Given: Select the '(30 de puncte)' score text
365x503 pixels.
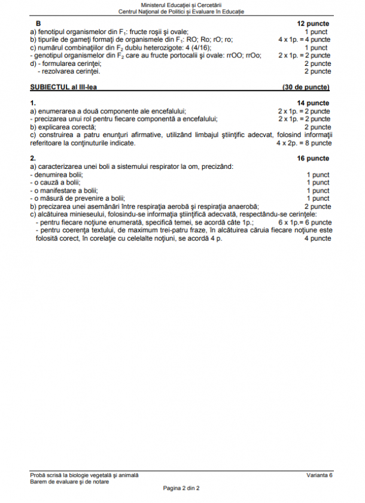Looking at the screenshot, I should pos(306,87).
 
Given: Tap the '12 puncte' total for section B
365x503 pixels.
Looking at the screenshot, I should pos(314,23).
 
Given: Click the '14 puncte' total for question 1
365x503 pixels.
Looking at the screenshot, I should pos(314,103).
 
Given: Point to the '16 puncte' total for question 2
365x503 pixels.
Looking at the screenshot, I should pos(314,159).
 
